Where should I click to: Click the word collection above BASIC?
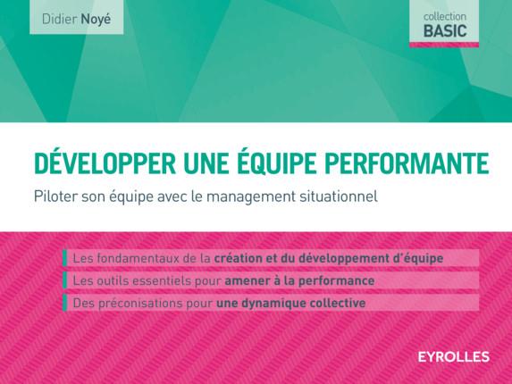click(x=444, y=16)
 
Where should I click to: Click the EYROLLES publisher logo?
click(x=454, y=357)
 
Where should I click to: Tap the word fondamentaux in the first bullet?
click(x=134, y=258)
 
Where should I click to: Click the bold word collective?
click(x=332, y=303)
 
